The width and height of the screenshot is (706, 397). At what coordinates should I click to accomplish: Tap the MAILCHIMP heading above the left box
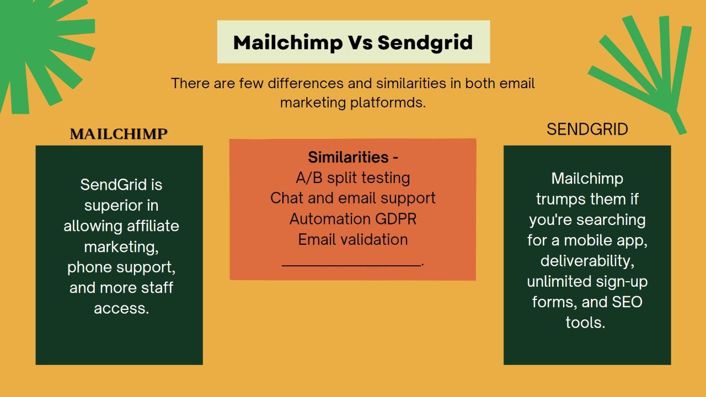tap(119, 134)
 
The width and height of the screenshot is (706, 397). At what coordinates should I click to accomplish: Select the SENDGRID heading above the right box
tap(587, 129)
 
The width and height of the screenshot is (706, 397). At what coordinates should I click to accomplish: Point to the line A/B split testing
tap(353, 178)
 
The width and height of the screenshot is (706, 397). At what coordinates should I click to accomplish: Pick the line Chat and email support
tap(353, 198)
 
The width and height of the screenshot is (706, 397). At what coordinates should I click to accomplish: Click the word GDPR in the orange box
tap(395, 219)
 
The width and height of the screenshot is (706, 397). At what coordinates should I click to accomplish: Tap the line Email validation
tap(353, 239)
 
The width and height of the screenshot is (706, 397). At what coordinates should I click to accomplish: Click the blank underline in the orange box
tap(351, 265)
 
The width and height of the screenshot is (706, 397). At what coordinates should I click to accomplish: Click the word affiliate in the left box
tap(153, 226)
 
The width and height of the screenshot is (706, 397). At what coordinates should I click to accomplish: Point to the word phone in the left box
tap(89, 267)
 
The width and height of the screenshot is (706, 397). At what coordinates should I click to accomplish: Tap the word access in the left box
tap(121, 308)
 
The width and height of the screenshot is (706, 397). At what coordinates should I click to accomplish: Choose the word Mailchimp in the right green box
tap(587, 179)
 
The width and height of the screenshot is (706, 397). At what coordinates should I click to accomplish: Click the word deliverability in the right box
tap(587, 261)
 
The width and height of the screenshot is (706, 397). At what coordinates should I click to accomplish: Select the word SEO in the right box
tap(627, 302)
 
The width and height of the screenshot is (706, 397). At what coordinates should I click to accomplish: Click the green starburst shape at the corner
tap(39, 50)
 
